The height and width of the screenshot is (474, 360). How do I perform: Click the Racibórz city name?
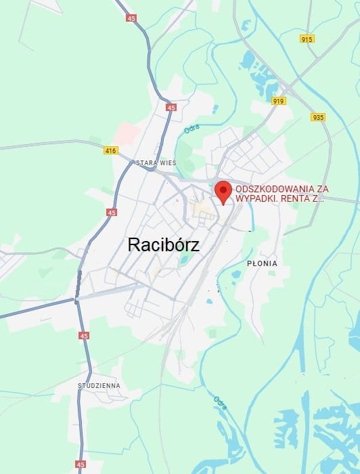pos(163,245)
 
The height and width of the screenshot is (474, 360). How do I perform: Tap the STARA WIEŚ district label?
pos(156,163)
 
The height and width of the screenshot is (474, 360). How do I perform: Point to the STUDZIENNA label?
pos(99,385)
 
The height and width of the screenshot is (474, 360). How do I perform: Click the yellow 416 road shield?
pos(110,150)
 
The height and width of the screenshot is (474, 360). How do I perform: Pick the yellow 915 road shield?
pos(307,39)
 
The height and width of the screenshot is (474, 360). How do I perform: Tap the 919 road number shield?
pos(279,101)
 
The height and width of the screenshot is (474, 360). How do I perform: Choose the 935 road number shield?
pos(318,117)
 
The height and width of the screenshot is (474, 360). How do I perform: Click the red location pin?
pos(223,192)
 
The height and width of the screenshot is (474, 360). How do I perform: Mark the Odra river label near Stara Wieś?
pos(192,129)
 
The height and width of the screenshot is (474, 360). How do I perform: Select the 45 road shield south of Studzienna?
pos(81,465)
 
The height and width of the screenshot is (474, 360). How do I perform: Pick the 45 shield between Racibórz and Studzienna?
pos(83,336)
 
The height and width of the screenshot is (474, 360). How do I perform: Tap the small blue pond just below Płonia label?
pos(235,275)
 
